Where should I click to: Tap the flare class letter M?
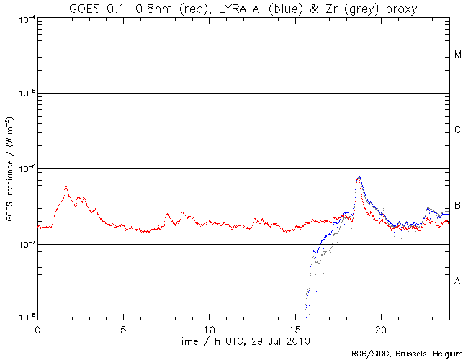(458, 55)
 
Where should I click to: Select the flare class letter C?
(458, 130)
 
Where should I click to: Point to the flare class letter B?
(458, 206)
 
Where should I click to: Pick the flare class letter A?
(458, 282)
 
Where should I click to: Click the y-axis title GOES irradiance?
(10, 168)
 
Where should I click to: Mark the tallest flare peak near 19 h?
(359, 177)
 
